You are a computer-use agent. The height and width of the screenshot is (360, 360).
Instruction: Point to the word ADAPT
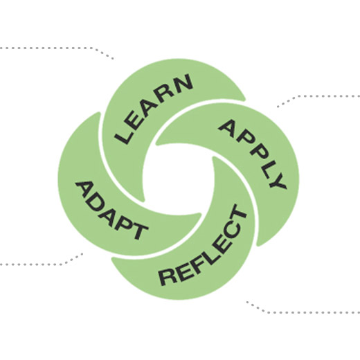(x=110, y=208)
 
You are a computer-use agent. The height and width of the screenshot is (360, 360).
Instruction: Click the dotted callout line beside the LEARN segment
(x=55, y=48)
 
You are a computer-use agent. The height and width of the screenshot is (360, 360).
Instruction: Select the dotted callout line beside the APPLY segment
(x=318, y=97)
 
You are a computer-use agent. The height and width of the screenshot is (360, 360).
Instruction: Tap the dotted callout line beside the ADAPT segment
(x=35, y=264)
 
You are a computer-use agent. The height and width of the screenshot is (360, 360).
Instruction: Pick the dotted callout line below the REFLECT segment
(x=305, y=312)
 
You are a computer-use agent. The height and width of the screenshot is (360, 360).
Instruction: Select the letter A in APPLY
(x=226, y=127)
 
